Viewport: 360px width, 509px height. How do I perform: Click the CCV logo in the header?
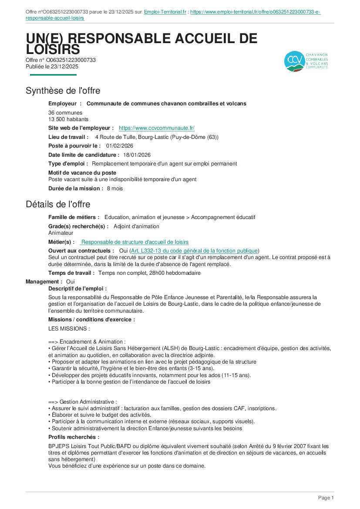click(x=306, y=61)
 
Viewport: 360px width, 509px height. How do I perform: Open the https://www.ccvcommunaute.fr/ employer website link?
click(x=156, y=128)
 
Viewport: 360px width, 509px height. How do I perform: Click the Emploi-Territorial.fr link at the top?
click(x=165, y=12)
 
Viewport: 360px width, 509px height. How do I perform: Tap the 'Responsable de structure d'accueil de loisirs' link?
click(x=135, y=242)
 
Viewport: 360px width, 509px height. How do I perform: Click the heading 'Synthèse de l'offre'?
click(x=63, y=91)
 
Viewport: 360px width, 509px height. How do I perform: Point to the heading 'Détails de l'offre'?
click(x=58, y=204)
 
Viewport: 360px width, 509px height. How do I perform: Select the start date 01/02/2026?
click(x=120, y=146)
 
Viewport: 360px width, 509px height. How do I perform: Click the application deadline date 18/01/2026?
click(x=137, y=155)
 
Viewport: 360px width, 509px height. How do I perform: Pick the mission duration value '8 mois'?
click(x=115, y=189)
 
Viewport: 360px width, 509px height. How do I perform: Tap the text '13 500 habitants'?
click(x=68, y=119)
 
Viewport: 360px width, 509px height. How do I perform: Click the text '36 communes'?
click(x=65, y=113)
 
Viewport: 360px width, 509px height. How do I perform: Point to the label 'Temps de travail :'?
click(x=71, y=273)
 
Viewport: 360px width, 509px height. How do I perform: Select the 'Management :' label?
click(x=44, y=282)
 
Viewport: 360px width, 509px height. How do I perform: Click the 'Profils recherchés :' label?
click(x=74, y=437)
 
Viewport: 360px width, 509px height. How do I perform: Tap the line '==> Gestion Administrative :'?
click(x=83, y=402)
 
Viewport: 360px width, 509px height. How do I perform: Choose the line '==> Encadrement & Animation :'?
click(x=87, y=342)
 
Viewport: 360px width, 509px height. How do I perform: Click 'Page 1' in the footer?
click(x=326, y=498)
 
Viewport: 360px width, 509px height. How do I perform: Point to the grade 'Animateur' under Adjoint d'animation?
click(x=61, y=233)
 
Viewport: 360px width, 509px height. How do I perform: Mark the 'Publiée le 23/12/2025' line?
click(x=52, y=67)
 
